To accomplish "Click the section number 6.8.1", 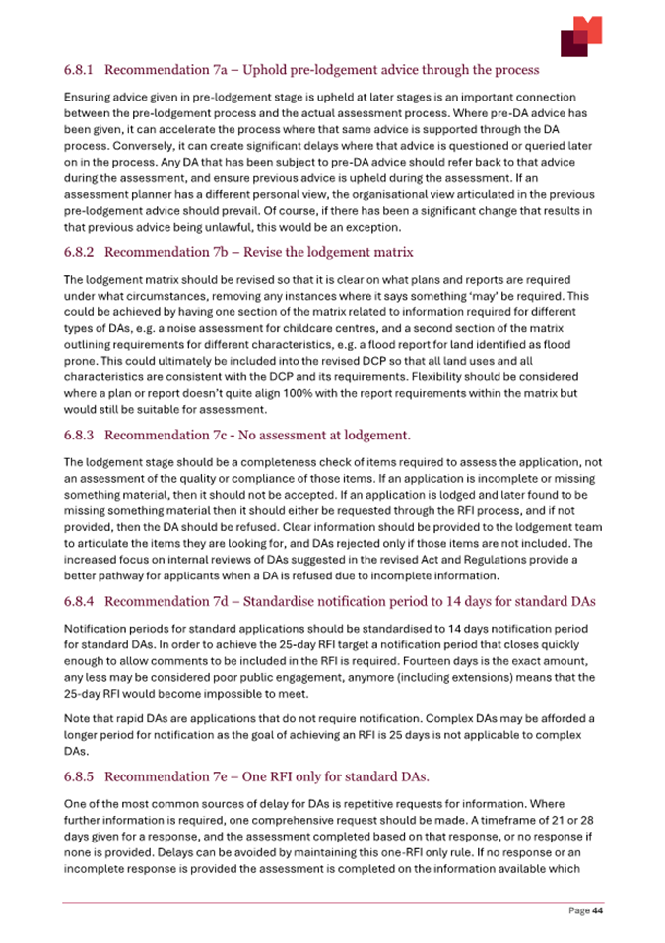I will (80, 70).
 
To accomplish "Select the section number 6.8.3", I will (80, 435).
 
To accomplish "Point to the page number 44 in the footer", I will (596, 911).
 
